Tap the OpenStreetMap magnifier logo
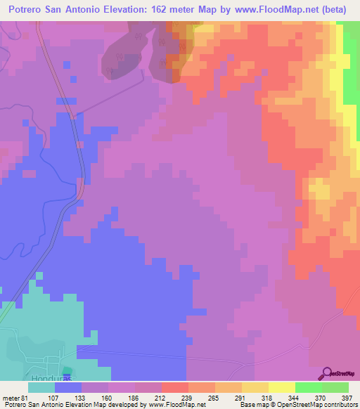click(x=328, y=373)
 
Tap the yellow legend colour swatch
click(x=281, y=387)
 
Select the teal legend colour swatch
click(x=41, y=387)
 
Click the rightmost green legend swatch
click(x=335, y=387)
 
